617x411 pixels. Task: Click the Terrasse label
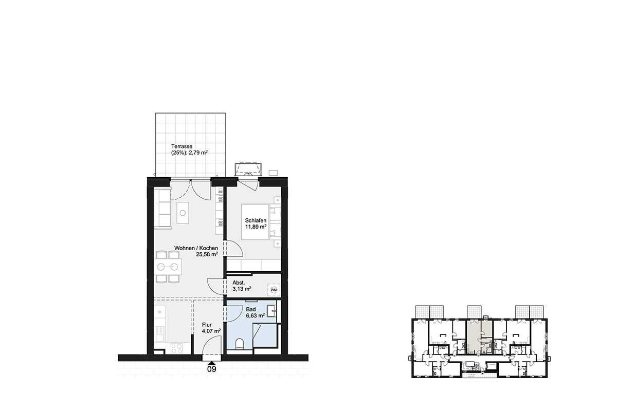coord(182,146)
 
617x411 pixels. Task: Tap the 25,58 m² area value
coord(207,254)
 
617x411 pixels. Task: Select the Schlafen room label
coord(256,220)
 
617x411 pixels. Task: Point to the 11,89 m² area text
coord(256,227)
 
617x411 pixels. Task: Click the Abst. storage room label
coord(239,283)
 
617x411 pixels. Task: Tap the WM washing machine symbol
coord(274,290)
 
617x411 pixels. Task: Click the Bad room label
coord(251,309)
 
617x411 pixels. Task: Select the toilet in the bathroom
coord(240,344)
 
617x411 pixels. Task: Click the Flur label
coord(207,325)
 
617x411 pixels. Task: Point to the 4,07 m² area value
coord(211,331)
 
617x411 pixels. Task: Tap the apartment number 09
coord(211,369)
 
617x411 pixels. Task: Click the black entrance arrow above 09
coord(211,363)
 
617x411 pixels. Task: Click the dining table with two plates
coord(168,267)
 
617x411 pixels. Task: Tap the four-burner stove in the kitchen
coord(176,348)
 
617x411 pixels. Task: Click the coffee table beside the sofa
coord(183,213)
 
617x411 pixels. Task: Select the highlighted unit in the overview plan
coord(479,337)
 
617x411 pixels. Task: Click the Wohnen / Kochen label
coord(196,248)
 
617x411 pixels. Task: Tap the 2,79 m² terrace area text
coord(198,153)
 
